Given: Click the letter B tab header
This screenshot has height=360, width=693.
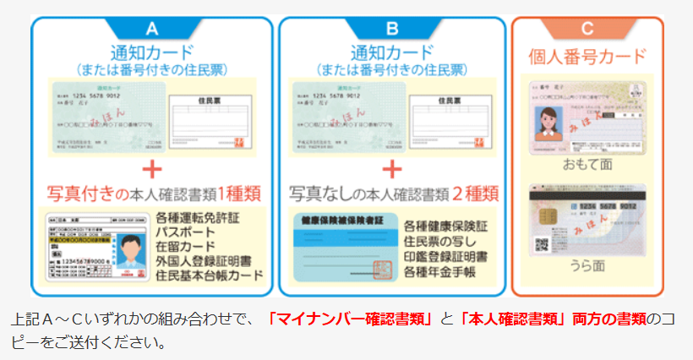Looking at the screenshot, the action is click(x=392, y=26).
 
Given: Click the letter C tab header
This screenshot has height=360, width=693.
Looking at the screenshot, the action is click(x=587, y=28).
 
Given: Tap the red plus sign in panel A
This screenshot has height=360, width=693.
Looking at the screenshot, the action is click(x=152, y=168).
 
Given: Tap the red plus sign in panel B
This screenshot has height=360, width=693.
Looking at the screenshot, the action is click(x=392, y=168).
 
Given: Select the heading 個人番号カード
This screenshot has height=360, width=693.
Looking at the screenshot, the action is click(x=588, y=57).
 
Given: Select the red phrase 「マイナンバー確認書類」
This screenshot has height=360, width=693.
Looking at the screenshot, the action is click(x=349, y=319).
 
